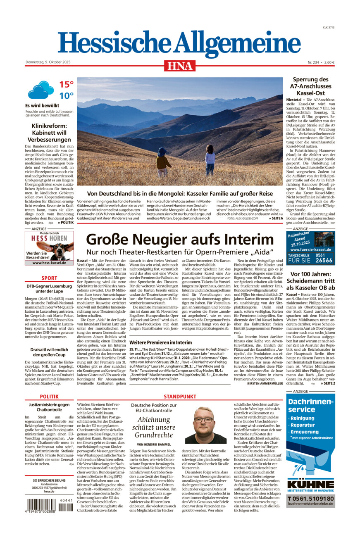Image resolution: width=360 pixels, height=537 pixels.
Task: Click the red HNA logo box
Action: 180,66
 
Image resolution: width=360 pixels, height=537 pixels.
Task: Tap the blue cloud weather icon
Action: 41,90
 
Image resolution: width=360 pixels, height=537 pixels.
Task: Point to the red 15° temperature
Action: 66,85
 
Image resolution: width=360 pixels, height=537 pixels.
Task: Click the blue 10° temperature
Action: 66,96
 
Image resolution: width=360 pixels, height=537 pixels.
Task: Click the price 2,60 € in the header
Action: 329,62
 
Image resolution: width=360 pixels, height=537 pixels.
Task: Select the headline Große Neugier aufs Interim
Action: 180,240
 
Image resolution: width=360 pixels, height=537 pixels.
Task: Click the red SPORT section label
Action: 49,278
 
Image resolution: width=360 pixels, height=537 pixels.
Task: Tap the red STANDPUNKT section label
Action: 180,396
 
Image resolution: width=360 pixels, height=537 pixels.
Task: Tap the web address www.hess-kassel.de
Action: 49,263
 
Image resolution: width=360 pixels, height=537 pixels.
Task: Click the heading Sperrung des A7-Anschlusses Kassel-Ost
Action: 310,86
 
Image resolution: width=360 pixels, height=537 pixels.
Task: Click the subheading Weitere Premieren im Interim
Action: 160,342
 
